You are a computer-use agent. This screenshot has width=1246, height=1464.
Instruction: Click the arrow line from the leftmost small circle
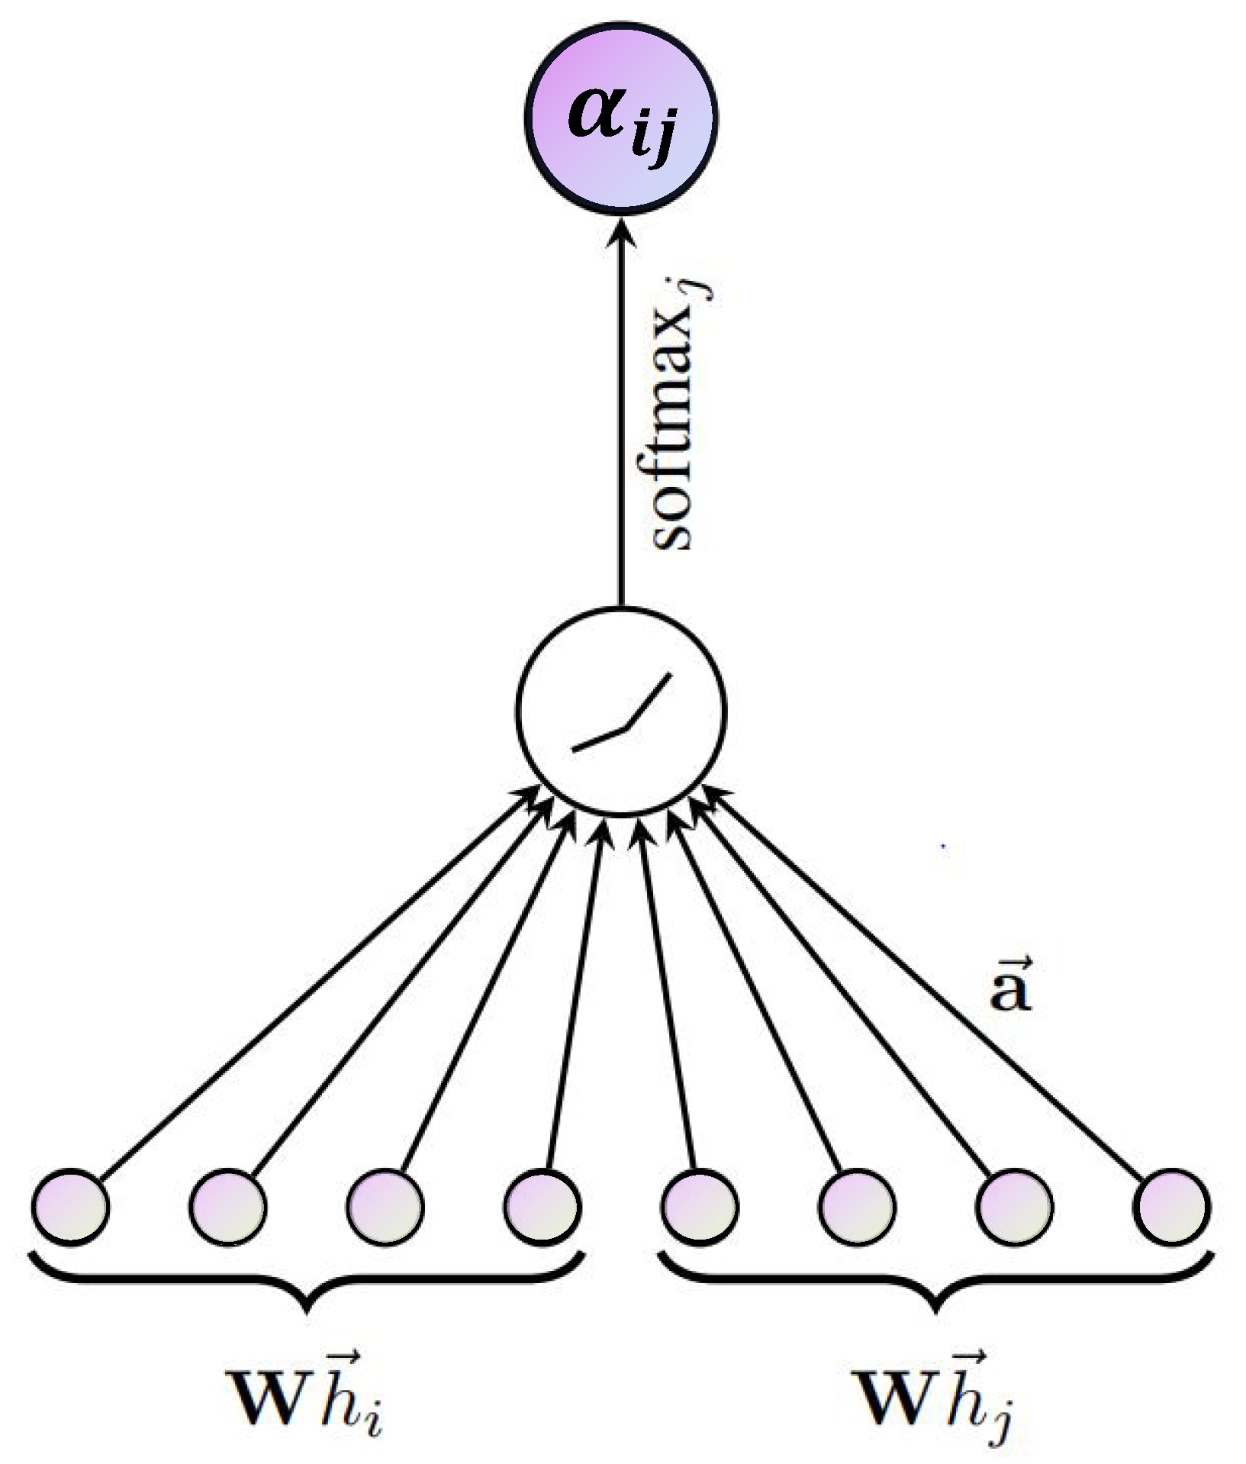click(305, 992)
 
